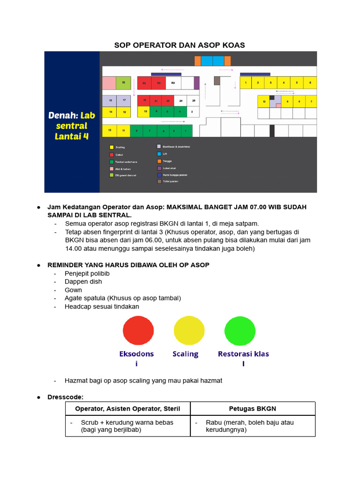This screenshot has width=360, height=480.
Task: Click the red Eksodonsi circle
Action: click(138, 330)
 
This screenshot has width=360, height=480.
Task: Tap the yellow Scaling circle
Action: click(189, 330)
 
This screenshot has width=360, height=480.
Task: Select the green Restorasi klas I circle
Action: click(240, 330)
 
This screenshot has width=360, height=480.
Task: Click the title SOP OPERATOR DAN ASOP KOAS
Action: click(180, 45)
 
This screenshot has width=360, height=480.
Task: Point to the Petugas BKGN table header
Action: click(253, 409)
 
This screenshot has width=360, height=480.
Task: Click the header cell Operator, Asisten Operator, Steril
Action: click(127, 409)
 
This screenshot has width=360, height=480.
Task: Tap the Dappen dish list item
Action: click(83, 282)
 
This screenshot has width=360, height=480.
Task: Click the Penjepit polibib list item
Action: click(87, 273)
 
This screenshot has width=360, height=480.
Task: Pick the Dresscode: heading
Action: click(65, 397)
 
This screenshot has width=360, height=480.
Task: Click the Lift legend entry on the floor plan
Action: click(165, 154)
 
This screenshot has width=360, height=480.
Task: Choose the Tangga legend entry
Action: click(167, 161)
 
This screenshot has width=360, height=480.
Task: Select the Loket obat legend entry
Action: click(169, 168)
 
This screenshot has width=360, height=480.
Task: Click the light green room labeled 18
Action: click(123, 82)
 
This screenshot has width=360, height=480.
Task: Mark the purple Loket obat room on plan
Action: click(196, 82)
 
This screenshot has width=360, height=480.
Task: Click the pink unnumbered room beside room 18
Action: click(109, 82)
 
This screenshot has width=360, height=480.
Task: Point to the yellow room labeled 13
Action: click(109, 130)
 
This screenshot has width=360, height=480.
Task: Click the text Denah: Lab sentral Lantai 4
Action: click(71, 125)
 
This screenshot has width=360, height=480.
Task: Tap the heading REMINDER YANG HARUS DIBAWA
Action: click(128, 265)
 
